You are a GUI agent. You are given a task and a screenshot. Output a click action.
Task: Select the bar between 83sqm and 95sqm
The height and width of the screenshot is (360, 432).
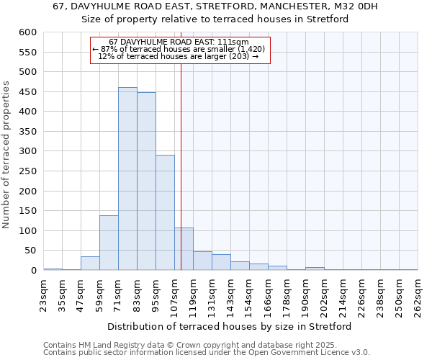tap(146, 181)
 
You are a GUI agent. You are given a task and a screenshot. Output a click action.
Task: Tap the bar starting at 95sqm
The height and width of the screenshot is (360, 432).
tap(165, 212)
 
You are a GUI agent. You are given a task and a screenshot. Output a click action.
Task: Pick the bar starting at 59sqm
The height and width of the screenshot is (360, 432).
tap(109, 243)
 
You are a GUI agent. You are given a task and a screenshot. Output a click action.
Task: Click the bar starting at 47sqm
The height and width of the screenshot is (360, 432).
tap(90, 264)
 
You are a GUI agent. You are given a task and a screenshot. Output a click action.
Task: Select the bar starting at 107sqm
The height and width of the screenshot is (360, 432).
tap(184, 249)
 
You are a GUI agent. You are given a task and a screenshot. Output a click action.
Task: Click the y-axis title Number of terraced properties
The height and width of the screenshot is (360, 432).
tap(6, 154)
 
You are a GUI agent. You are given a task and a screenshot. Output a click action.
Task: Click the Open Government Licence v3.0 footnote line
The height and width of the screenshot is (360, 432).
tap(207, 353)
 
